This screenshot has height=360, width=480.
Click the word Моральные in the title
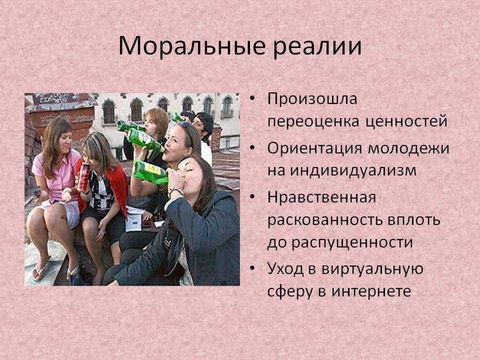(x=192, y=46)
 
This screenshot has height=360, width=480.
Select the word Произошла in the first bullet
(x=312, y=99)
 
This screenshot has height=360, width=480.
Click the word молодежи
(x=408, y=149)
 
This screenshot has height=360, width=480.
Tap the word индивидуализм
(x=353, y=170)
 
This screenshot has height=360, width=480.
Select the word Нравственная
(x=321, y=197)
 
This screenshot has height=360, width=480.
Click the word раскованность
(x=325, y=220)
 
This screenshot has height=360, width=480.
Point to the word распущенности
(x=352, y=243)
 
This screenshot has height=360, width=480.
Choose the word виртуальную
(x=372, y=269)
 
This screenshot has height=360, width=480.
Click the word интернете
(x=371, y=291)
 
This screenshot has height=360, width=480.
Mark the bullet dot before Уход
(x=252, y=268)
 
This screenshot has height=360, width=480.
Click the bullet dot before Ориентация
(x=252, y=148)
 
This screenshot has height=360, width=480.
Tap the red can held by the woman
(x=83, y=177)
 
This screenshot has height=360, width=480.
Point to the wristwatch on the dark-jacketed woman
(x=175, y=191)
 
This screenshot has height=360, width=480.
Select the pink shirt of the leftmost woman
(x=56, y=176)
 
